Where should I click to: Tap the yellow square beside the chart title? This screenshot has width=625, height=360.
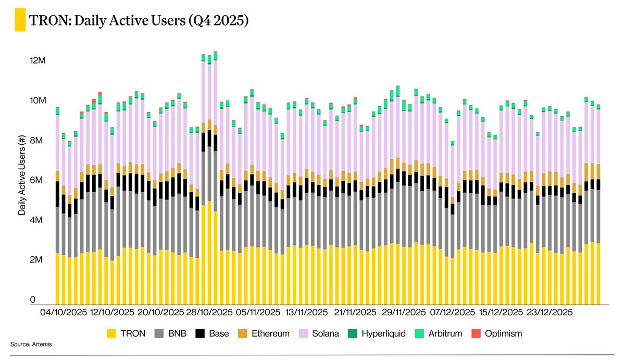pos(20,21)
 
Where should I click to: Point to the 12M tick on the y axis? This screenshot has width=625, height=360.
pos(39,60)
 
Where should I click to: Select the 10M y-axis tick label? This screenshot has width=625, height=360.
pos(39,101)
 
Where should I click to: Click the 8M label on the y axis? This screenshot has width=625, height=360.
pos(39,141)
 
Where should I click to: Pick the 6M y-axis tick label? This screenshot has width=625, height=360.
pos(39,180)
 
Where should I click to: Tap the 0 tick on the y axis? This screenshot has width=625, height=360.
pos(32,300)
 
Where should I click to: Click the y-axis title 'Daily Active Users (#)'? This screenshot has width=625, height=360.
pos(22,180)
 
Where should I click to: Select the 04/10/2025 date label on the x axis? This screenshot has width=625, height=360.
pos(63,313)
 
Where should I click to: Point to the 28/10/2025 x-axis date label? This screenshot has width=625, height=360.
pos(209,313)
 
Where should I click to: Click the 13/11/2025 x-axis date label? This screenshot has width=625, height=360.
pos(306,313)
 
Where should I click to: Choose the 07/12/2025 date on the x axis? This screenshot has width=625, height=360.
pos(453,313)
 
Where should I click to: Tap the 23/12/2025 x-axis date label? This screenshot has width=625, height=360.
pos(549,313)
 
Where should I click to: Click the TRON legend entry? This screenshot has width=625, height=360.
pos(126,333)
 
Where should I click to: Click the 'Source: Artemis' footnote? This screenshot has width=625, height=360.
pos(31,344)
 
